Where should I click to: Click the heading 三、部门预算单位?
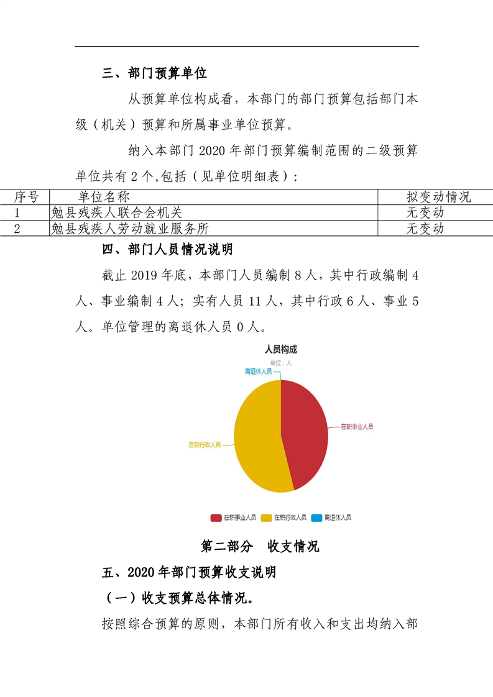pyautogui.click(x=154, y=73)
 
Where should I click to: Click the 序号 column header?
pyautogui.click(x=26, y=197)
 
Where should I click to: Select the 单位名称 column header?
pyautogui.click(x=104, y=197)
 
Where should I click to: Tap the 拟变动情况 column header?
pyautogui.click(x=438, y=197)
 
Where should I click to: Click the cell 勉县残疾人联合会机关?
pyautogui.click(x=117, y=212)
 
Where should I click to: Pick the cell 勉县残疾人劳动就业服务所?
pyautogui.click(x=130, y=228)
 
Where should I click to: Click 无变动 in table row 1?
pyautogui.click(x=425, y=212)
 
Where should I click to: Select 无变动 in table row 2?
pyautogui.click(x=425, y=228)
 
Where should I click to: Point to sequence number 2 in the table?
pyautogui.click(x=17, y=228)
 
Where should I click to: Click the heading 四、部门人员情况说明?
pyautogui.click(x=167, y=250)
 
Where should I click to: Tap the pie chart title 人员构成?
pyautogui.click(x=281, y=349)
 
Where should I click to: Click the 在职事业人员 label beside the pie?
pyautogui.click(x=356, y=427)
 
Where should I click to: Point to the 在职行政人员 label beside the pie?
pyautogui.click(x=205, y=445)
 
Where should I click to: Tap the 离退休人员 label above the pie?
pyautogui.click(x=258, y=371)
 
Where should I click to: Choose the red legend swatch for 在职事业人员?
pyautogui.click(x=216, y=517)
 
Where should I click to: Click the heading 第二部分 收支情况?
pyautogui.click(x=260, y=546)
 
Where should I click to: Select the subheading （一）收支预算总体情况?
pyautogui.click(x=177, y=598)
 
